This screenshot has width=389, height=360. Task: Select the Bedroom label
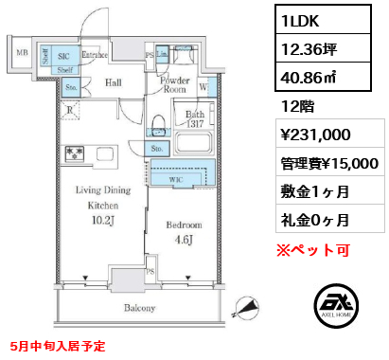(184, 225)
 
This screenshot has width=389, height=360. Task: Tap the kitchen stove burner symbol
(73, 153)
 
